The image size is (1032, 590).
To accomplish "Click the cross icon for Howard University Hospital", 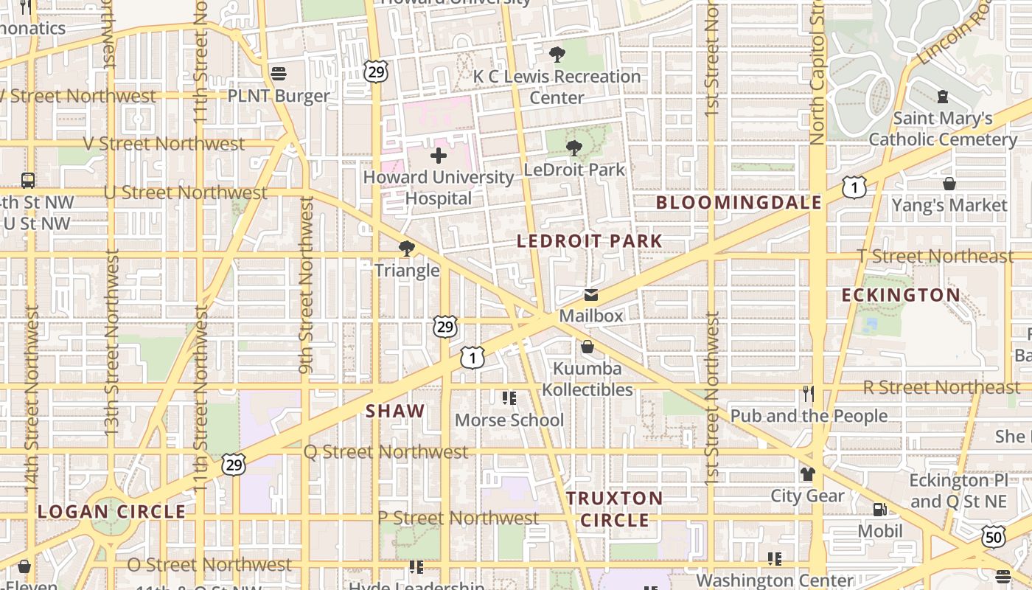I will (439, 156).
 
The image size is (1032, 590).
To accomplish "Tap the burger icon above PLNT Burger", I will (279, 73).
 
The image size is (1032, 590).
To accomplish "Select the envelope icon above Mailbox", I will (591, 295).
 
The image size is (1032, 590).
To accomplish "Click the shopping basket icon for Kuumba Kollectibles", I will (588, 346).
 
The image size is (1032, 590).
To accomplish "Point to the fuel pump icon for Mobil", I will (879, 509).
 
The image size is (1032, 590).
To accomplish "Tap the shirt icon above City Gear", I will (808, 473).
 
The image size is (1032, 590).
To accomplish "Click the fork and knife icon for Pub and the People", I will (809, 394).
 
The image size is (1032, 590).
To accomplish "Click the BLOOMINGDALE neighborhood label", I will (739, 203).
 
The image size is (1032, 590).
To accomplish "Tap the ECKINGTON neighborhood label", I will (901, 296).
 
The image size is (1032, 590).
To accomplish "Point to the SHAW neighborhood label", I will (395, 412).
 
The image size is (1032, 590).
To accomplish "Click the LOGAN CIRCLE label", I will (111, 512).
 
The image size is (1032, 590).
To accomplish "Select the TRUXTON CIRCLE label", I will (615, 509).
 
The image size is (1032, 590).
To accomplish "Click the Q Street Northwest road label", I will (386, 451).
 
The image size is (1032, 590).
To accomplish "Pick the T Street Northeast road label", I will (935, 256).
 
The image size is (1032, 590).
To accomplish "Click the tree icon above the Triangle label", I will (406, 248).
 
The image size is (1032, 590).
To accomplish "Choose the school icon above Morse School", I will (509, 398).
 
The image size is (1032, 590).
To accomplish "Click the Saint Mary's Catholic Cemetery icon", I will (942, 96).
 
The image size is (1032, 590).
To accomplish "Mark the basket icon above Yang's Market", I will (949, 183).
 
